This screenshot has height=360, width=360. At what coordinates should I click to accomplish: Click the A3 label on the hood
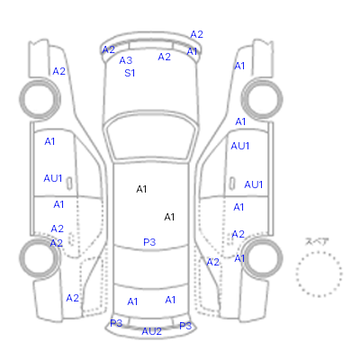pyautogui.click(x=126, y=60)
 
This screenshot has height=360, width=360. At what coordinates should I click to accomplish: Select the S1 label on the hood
pyautogui.click(x=130, y=73)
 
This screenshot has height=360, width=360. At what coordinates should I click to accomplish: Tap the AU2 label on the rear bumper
pyautogui.click(x=152, y=331)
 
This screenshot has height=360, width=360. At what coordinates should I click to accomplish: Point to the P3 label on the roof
pyautogui.click(x=149, y=242)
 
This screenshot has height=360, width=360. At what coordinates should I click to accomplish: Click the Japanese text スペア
pyautogui.click(x=317, y=241)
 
